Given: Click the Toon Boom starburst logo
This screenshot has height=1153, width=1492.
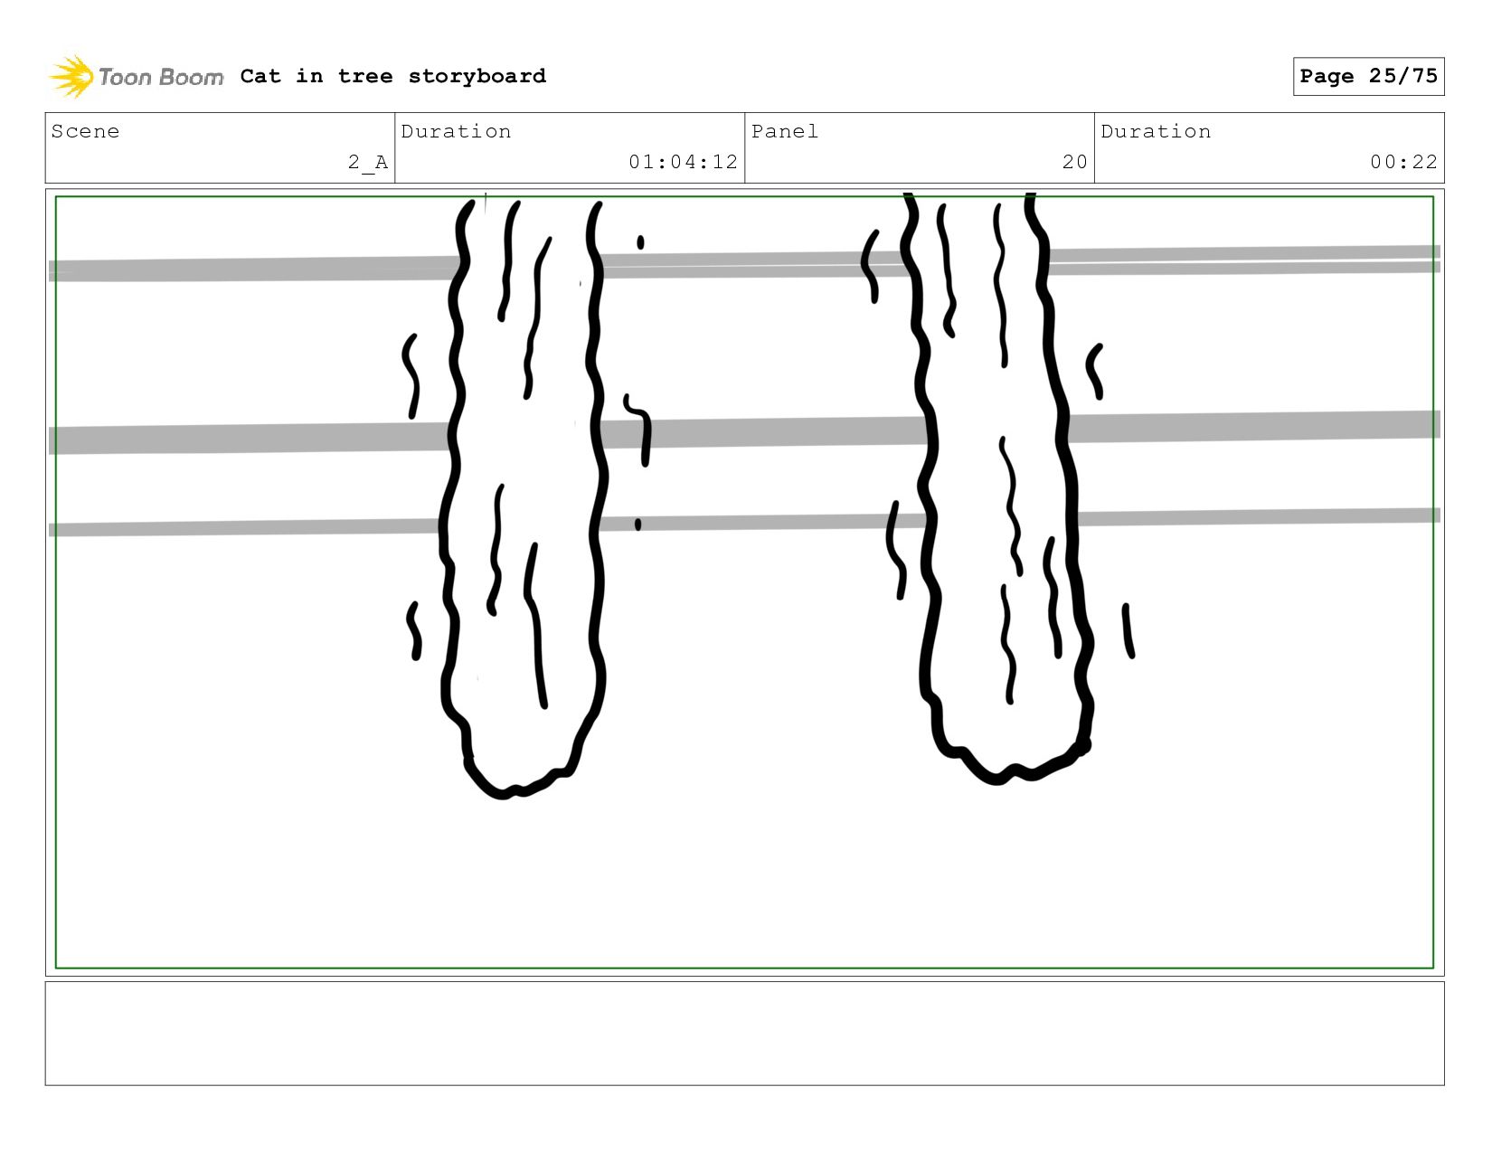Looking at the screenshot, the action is point(71,76).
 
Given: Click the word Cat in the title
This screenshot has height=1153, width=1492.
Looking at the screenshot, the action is point(260,76).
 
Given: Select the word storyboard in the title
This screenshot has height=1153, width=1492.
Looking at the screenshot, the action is point(477,76).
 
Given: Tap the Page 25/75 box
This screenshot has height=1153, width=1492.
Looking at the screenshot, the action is point(1368,76).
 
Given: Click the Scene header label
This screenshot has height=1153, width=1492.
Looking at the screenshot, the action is point(85,131).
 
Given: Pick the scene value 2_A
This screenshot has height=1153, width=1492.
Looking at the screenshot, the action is point(368,162).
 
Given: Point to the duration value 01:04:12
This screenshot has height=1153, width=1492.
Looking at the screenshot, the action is point(684,162).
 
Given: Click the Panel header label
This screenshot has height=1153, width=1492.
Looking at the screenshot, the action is point(785,131).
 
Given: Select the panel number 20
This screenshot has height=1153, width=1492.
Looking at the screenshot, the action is point(1074,162).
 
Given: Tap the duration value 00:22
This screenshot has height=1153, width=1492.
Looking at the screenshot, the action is point(1403,162).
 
